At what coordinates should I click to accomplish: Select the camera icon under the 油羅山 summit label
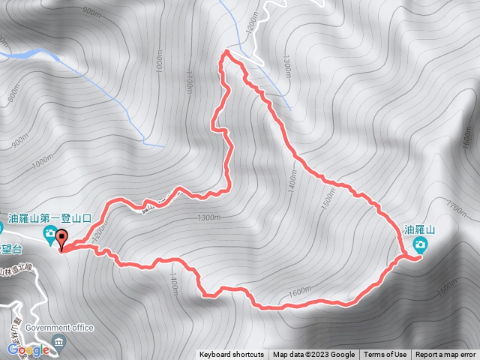420,244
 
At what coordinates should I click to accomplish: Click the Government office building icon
58,343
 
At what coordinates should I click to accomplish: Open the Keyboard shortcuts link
232,355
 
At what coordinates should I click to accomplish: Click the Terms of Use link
385,355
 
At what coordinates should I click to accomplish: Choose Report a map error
445,355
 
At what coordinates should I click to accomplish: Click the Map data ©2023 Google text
313,355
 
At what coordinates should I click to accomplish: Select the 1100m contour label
189,79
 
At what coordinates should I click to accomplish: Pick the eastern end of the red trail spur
414,259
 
